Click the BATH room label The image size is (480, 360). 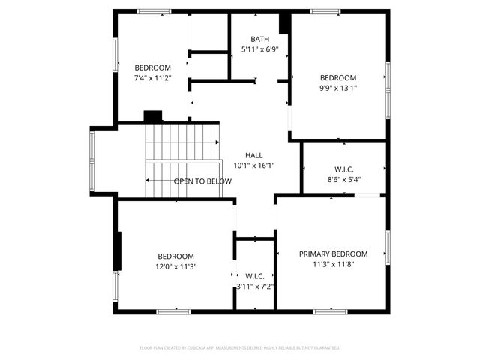click(259, 39)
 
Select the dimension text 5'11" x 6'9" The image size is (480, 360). click(259, 49)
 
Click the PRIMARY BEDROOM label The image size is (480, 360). click(334, 253)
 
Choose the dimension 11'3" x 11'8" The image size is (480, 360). click(334, 264)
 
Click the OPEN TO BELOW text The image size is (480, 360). click(202, 181)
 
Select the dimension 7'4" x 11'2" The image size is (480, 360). click(153, 77)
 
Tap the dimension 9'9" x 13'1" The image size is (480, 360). click(338, 88)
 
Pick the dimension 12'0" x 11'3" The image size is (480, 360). click(175, 266)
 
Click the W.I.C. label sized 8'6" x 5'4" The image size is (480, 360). click(344, 169)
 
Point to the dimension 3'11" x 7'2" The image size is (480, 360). click(255, 286)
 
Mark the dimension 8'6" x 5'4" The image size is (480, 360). click(344, 179)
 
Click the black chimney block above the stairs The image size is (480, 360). click(153, 116)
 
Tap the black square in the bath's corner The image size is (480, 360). click(284, 24)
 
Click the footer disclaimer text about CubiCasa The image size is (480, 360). click(240, 348)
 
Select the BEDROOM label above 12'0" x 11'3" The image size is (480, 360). click(175, 256)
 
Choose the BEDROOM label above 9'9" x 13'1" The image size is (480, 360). click(338, 77)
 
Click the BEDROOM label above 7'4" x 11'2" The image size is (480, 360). click(153, 67)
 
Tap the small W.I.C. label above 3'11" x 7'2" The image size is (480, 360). click(255, 276)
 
